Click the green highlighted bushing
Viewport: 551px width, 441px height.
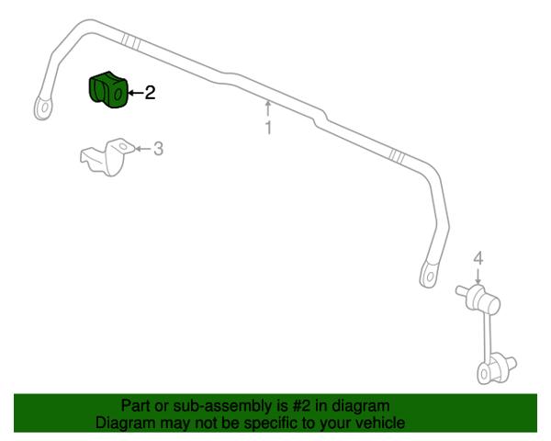[x=107, y=90]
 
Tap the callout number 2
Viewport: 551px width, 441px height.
[x=150, y=93]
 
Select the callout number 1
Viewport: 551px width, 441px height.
[x=268, y=128]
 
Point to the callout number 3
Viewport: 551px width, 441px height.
[x=159, y=149]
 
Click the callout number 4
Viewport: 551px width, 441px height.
[x=478, y=259]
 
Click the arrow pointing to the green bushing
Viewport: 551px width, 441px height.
[x=135, y=93]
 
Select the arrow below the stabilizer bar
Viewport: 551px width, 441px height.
[x=268, y=108]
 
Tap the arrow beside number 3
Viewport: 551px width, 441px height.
[x=143, y=149]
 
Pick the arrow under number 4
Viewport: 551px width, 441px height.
[x=478, y=276]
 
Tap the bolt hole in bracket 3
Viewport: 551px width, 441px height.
[x=123, y=146]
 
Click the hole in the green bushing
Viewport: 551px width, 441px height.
[x=118, y=94]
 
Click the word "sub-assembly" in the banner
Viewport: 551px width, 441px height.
[x=222, y=406]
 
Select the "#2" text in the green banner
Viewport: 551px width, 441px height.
[x=302, y=406]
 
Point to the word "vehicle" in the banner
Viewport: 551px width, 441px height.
[x=381, y=423]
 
